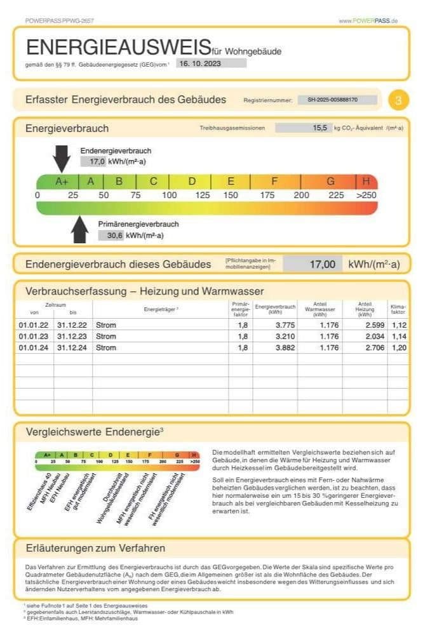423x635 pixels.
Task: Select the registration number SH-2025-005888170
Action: point(337,100)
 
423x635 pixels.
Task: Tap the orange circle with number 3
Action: point(398,100)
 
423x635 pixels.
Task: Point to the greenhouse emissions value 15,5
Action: point(304,128)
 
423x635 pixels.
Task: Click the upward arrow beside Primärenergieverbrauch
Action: point(79,229)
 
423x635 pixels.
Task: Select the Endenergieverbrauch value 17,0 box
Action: point(93,162)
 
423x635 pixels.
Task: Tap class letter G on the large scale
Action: point(330,181)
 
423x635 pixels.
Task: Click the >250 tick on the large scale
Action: point(366,195)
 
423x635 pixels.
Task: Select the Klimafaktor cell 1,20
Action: point(399,348)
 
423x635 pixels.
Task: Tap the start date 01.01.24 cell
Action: point(33,348)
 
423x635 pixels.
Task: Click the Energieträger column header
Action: point(161,309)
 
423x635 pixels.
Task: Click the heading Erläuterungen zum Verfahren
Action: point(95,548)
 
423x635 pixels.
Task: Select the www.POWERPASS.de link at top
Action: point(368,21)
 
